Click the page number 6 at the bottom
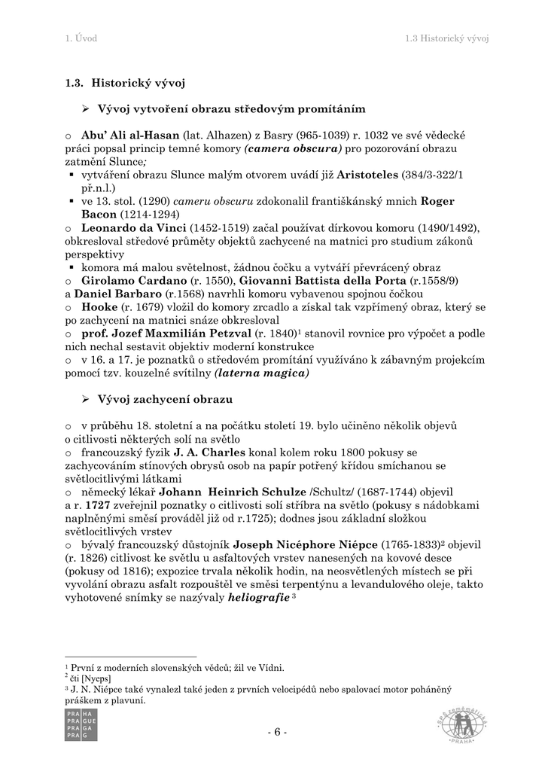(x=276, y=732)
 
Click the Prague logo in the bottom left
(x=81, y=724)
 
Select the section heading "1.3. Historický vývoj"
(x=125, y=83)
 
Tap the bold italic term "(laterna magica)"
(x=261, y=372)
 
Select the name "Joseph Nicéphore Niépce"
(x=306, y=544)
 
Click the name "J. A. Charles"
(x=209, y=453)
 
